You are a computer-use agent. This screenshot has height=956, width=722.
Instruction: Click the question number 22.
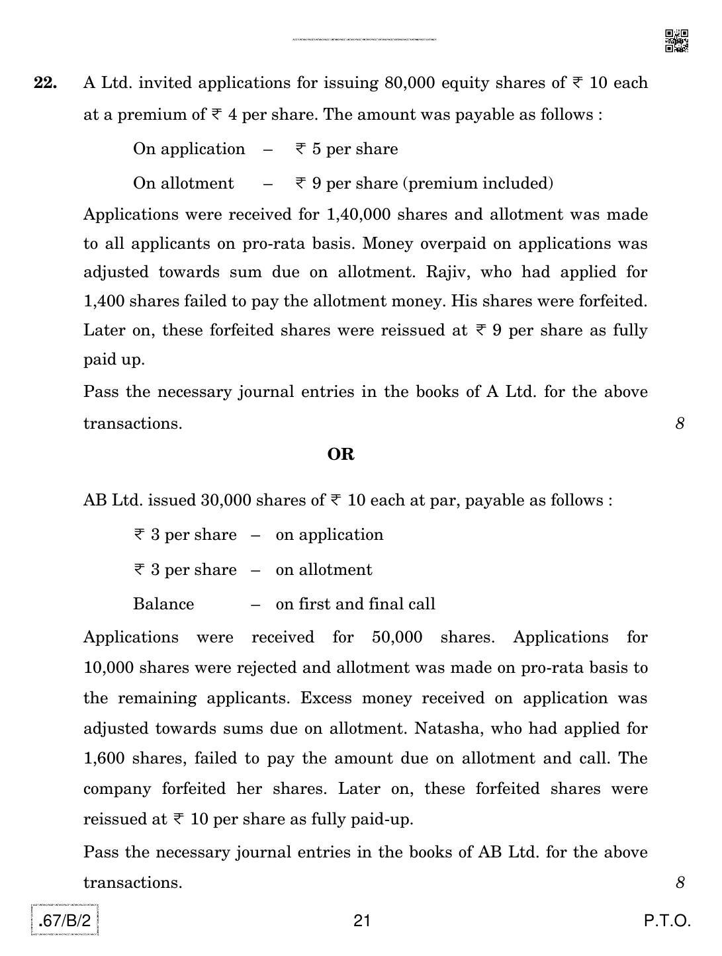pyautogui.click(x=45, y=83)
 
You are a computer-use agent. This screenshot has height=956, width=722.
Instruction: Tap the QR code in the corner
pyautogui.click(x=676, y=41)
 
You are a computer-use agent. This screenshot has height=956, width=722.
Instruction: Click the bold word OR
pyautogui.click(x=341, y=455)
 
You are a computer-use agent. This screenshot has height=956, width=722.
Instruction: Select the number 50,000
pyautogui.click(x=397, y=638)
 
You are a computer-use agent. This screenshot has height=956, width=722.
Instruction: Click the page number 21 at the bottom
pyautogui.click(x=362, y=921)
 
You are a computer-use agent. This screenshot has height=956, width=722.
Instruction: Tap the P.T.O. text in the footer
pyautogui.click(x=667, y=921)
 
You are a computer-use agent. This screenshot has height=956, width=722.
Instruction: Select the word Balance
pyautogui.click(x=163, y=604)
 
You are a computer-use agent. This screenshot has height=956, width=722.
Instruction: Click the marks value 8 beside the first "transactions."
pyautogui.click(x=680, y=423)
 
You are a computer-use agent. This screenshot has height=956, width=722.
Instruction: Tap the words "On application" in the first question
pyautogui.click(x=189, y=149)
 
